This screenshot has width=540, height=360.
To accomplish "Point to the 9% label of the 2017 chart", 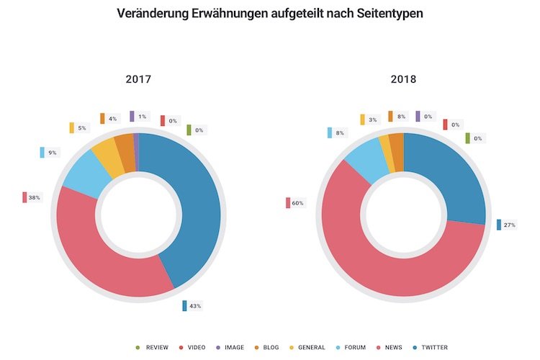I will pyautogui.click(x=53, y=153).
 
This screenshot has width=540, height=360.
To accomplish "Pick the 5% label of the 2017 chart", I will pyautogui.click(x=82, y=128).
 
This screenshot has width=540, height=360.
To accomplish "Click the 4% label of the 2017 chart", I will pyautogui.click(x=112, y=119).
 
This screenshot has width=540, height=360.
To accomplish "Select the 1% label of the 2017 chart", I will pyautogui.click(x=142, y=117).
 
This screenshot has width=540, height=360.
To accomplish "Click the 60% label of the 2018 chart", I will pyautogui.click(x=297, y=203).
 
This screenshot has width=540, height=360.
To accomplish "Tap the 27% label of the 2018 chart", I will pyautogui.click(x=510, y=225).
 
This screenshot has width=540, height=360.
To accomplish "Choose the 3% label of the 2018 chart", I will pyautogui.click(x=373, y=120).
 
